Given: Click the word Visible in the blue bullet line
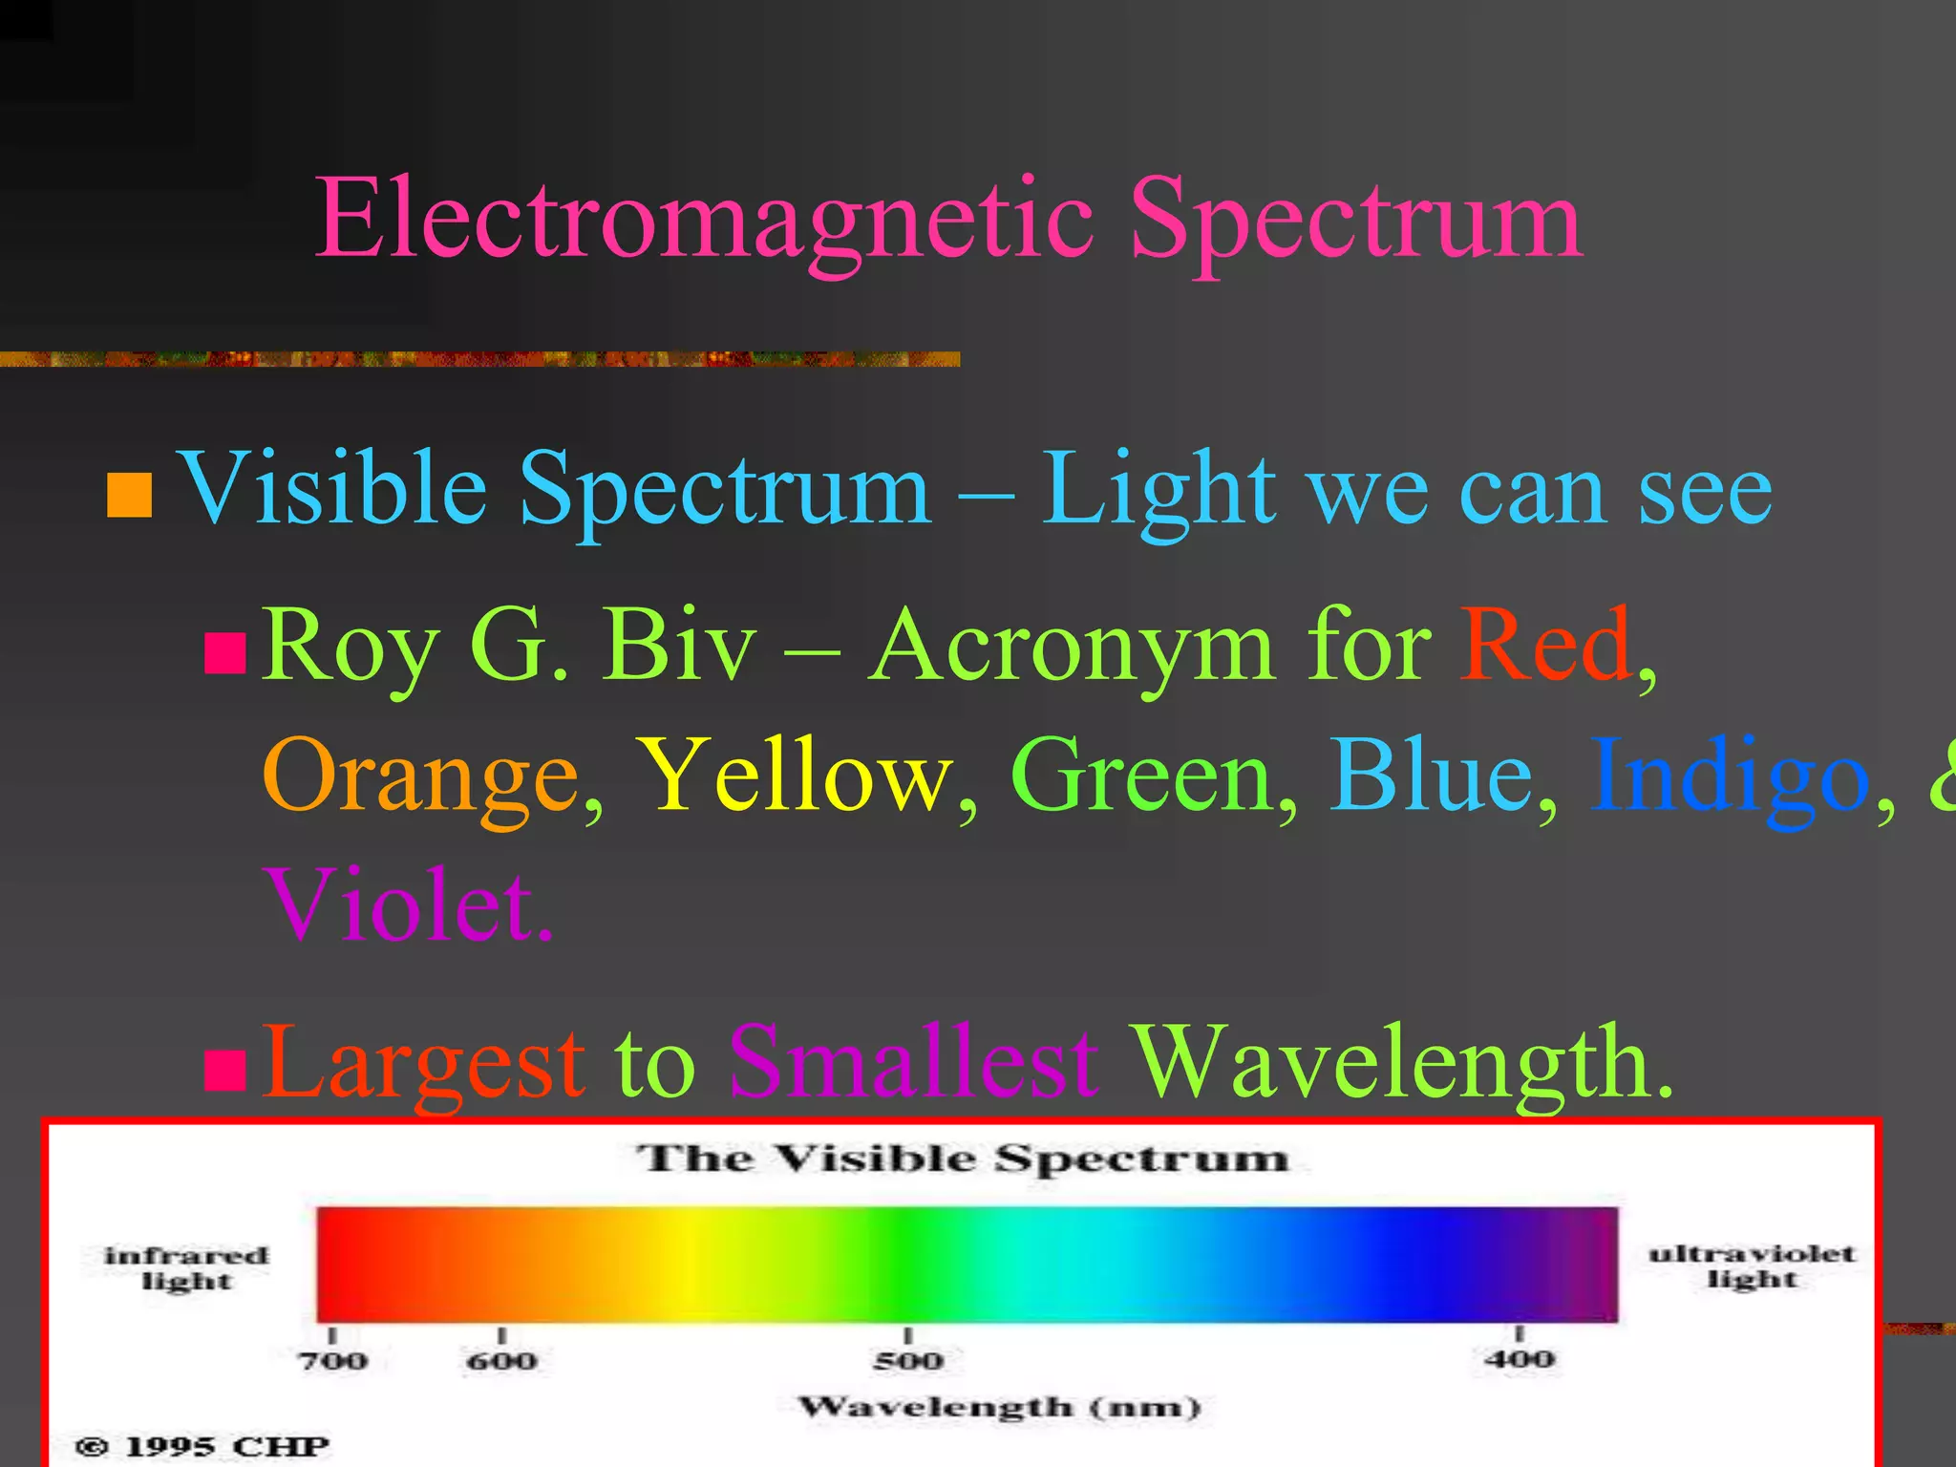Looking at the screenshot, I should pyautogui.click(x=334, y=489).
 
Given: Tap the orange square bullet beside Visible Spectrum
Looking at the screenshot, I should pyautogui.click(x=130, y=495).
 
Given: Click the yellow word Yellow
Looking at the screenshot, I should pyautogui.click(x=795, y=776).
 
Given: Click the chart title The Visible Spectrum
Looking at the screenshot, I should pyautogui.click(x=963, y=1159).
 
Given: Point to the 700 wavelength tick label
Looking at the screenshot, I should pyautogui.click(x=332, y=1359).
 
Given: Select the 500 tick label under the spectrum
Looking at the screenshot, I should pyautogui.click(x=908, y=1359).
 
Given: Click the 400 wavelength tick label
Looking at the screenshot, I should pyautogui.click(x=1519, y=1357).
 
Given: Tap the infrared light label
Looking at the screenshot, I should pyautogui.click(x=186, y=1267).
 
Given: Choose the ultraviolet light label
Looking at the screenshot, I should pyautogui.click(x=1752, y=1265).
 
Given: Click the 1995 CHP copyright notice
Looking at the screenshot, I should pyautogui.click(x=202, y=1446).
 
